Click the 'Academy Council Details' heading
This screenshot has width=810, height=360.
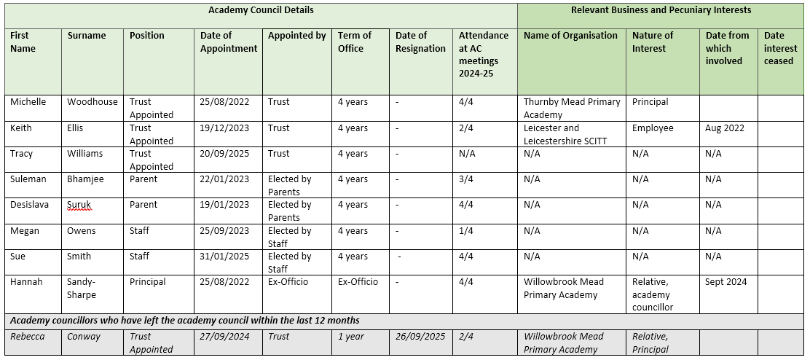pos(261,10)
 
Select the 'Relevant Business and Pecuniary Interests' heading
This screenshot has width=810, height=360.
pos(661,10)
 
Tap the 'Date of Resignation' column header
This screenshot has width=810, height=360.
pos(420,42)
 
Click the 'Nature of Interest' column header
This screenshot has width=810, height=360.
pos(653,42)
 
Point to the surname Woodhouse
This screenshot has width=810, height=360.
pos(93,102)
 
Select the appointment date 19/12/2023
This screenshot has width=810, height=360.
pos(224,128)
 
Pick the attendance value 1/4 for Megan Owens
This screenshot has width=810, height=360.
pos(466,231)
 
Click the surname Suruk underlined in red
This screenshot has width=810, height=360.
pos(79,205)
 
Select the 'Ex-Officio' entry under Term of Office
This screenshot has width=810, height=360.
pos(358,282)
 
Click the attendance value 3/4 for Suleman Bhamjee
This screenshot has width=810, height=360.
pos(466,179)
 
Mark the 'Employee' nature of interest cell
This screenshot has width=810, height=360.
pos(653,128)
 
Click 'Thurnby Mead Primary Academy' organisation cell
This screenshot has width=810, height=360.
pos(572,108)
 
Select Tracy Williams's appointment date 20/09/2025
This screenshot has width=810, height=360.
pos(224,154)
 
